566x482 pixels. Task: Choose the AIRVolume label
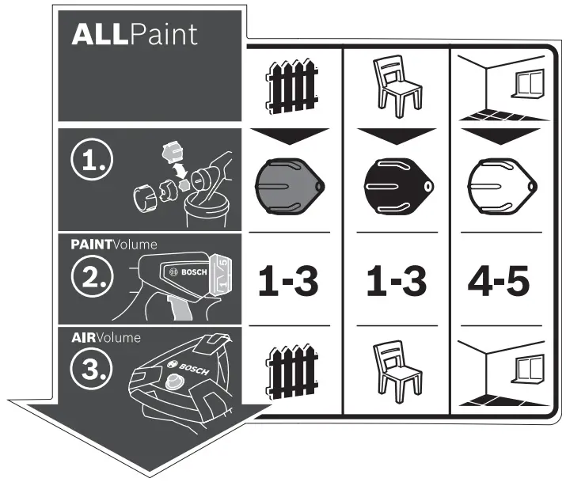point(104,337)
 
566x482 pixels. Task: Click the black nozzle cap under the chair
point(395,187)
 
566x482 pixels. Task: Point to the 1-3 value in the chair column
point(395,281)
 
